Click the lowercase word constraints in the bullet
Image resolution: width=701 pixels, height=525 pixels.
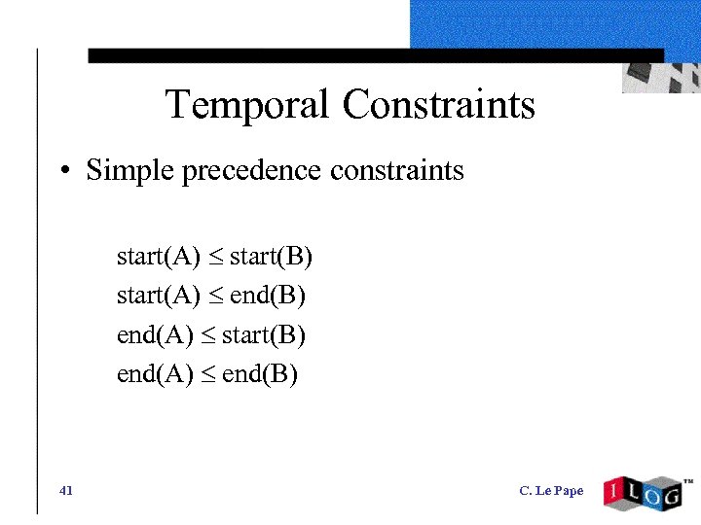[x=396, y=171]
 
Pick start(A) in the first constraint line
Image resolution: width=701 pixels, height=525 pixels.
[x=158, y=257]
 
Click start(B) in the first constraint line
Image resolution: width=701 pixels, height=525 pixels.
[x=271, y=257]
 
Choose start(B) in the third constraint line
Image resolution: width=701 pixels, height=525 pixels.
[x=264, y=335]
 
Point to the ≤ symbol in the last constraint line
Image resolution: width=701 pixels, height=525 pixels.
[x=207, y=374]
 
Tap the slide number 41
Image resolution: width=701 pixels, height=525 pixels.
[x=66, y=490]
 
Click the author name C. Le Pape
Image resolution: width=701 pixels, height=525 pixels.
[x=551, y=491]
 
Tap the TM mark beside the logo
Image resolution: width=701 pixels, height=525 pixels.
[x=687, y=481]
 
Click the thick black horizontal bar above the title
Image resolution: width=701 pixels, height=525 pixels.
[x=375, y=56]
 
